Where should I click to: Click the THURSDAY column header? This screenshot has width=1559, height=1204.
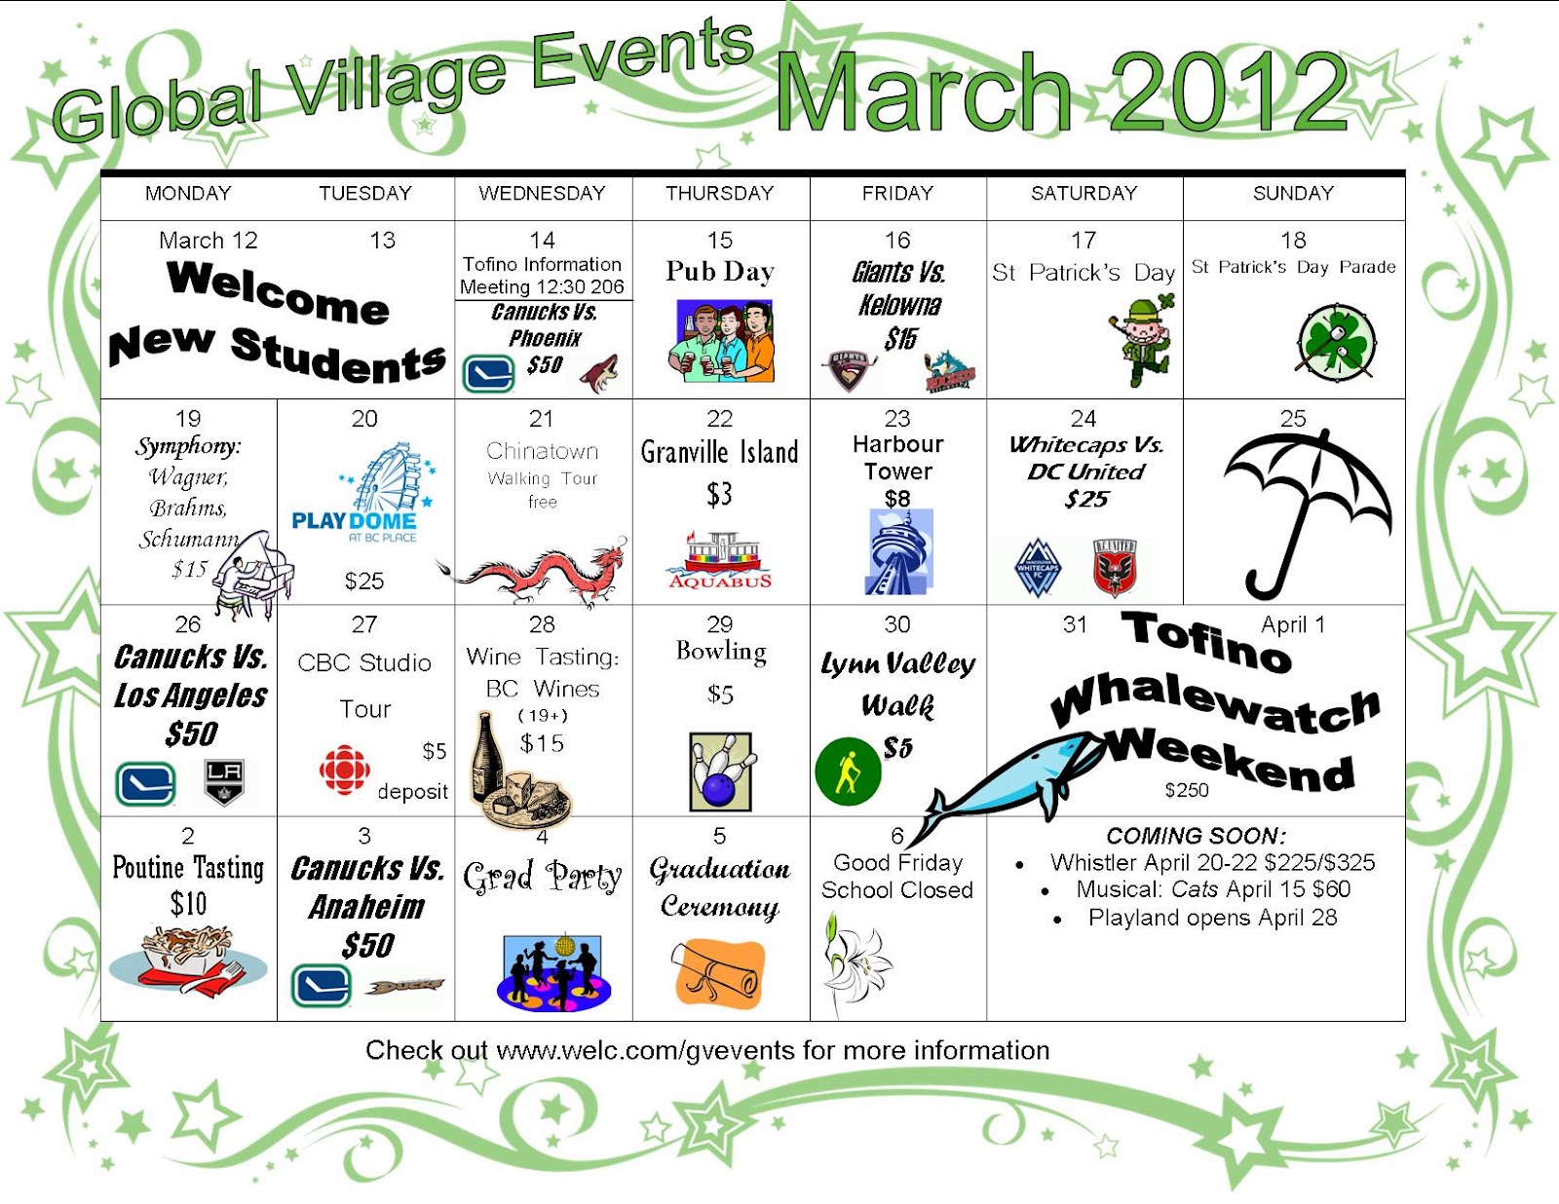point(719,193)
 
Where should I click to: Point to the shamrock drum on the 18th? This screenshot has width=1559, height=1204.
point(1336,342)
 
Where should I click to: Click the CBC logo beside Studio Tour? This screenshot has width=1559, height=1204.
point(344,771)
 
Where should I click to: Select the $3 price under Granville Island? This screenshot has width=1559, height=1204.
point(719,495)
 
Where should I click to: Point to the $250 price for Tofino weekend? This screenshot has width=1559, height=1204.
point(1186,790)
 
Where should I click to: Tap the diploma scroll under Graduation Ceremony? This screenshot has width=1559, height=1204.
point(719,971)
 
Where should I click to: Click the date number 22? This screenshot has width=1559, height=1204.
point(719,419)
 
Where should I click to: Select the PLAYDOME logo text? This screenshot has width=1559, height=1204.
point(354,521)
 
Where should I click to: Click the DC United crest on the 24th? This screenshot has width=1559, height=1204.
point(1116,567)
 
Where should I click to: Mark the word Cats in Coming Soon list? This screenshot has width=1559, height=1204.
point(1195,889)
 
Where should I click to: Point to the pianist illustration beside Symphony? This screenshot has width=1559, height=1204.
point(251,575)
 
